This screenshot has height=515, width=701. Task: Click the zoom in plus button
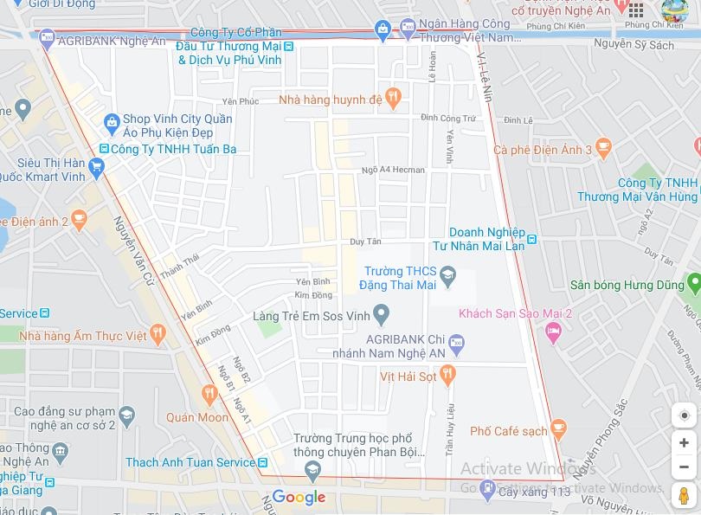tap(684, 443)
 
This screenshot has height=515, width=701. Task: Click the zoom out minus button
tap(684, 467)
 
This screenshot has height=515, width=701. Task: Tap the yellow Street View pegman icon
tap(684, 496)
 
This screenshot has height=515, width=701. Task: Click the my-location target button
tap(684, 415)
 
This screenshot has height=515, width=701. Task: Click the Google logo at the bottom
tap(299, 497)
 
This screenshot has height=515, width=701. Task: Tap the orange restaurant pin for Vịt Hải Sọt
tap(447, 375)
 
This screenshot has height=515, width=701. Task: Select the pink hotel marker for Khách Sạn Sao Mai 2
tap(554, 331)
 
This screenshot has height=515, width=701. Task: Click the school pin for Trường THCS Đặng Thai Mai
tap(447, 277)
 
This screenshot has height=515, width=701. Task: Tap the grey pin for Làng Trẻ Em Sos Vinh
tap(380, 314)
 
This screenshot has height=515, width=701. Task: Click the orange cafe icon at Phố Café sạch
tap(558, 429)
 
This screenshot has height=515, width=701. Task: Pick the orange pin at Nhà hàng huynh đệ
tap(393, 99)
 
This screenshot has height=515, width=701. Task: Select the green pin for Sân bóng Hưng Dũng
tap(692, 283)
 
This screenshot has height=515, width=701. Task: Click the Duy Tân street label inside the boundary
tap(365, 241)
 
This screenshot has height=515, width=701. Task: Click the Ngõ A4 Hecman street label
tap(394, 170)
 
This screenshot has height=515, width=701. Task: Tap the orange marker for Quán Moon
tap(209, 396)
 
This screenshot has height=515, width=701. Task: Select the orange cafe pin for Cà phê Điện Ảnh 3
tap(604, 148)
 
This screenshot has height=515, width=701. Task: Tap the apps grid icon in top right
tap(636, 10)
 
